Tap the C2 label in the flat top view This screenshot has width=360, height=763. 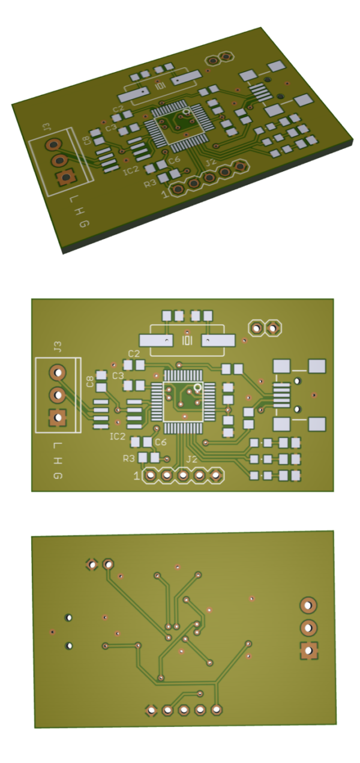pos(134,354)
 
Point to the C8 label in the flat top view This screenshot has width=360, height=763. pos(90,382)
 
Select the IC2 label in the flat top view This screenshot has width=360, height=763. pos(118,436)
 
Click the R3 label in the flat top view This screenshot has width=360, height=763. pos(128,459)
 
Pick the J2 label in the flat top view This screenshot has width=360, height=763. pos(191,459)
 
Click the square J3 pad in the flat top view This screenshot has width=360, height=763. pos(58,418)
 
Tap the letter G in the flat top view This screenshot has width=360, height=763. pos(58,476)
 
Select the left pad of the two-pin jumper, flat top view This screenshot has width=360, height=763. pos(257,328)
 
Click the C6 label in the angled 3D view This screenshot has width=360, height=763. pos(174,160)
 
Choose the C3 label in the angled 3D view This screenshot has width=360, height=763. pos(111,127)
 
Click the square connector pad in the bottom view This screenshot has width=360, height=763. pos(308,650)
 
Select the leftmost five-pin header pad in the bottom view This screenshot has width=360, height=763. pos(152,711)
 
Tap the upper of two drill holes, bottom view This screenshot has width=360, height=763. pos(70,617)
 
